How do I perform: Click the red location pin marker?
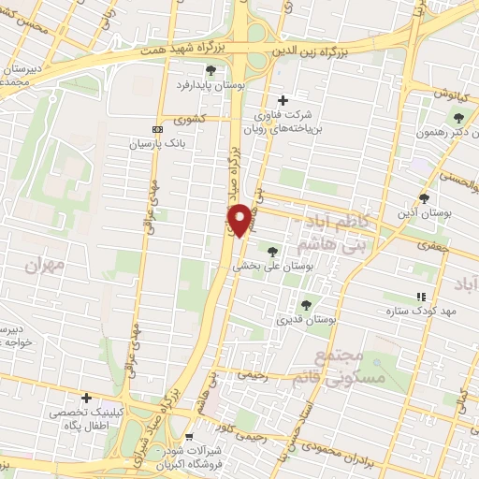click(240, 219)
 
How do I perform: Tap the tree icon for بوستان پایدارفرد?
click(210, 69)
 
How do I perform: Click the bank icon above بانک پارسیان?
click(156, 129)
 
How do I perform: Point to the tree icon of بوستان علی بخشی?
click(272, 251)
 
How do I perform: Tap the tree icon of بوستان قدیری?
click(305, 304)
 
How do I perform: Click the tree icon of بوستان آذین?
click(424, 197)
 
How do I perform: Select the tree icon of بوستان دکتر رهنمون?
click(457, 117)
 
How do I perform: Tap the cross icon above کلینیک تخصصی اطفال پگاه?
click(86, 398)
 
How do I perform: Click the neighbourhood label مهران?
click(43, 266)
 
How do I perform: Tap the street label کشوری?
click(187, 119)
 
